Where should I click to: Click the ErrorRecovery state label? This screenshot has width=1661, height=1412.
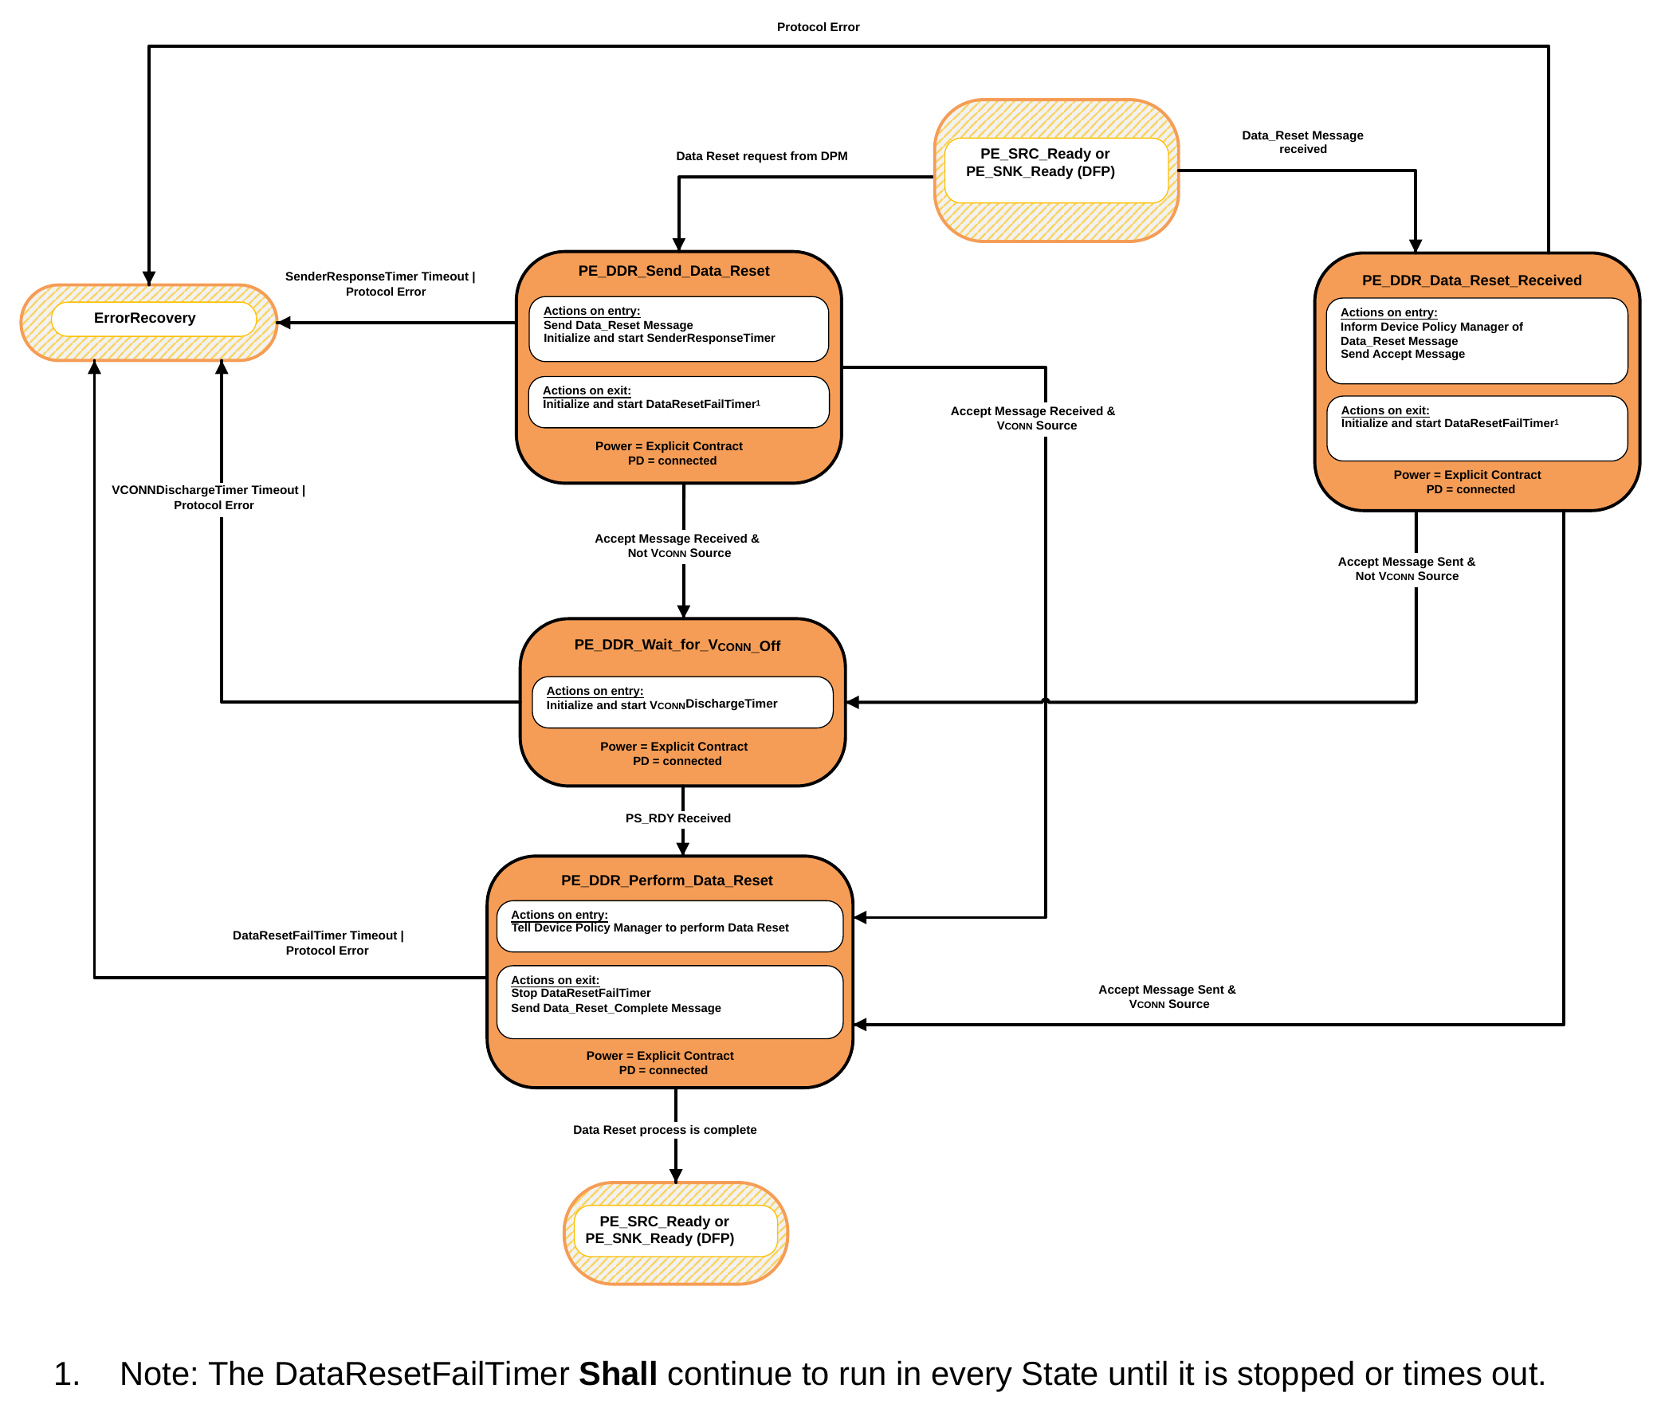point(144,318)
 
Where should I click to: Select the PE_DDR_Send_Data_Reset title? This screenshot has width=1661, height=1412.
point(673,271)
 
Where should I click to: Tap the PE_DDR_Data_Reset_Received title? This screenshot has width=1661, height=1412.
point(1471,280)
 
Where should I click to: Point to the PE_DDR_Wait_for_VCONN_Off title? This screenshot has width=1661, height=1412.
point(677,645)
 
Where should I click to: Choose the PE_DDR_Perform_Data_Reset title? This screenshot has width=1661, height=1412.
point(666,880)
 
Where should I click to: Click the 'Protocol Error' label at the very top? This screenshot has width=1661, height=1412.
point(817,27)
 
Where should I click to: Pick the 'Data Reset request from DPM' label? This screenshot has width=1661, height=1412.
point(761,156)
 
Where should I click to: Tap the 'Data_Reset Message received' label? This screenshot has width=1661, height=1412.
point(1302,143)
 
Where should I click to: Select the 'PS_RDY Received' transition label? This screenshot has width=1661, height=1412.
point(677,818)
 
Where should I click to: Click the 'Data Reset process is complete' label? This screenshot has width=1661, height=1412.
point(665,1129)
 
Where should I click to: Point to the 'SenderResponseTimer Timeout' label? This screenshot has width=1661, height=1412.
point(377,277)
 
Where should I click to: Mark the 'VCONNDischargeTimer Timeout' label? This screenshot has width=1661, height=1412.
point(205,490)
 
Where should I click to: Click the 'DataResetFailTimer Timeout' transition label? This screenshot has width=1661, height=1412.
point(315,935)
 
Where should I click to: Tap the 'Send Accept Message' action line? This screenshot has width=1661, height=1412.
point(1402,354)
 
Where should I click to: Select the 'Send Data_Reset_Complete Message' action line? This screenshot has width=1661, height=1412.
point(615,1008)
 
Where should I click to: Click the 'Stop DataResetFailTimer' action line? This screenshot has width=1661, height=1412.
point(580,993)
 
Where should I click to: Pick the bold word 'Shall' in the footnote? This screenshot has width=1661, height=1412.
point(617,1374)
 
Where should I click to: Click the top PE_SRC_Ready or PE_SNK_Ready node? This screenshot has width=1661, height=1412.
point(1056,171)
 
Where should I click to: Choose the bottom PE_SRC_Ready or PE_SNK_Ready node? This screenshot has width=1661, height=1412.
point(676,1234)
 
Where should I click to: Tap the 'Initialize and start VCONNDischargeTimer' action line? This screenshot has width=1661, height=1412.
point(662,704)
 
